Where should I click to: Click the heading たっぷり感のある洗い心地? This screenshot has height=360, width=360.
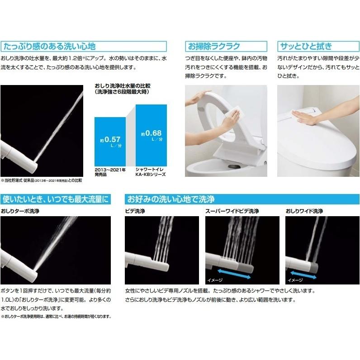pyautogui.click(x=49, y=46)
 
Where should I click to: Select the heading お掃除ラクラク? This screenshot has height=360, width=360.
pyautogui.click(x=214, y=46)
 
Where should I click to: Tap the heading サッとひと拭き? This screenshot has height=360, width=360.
pyautogui.click(x=306, y=46)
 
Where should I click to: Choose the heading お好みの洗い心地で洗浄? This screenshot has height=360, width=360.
pyautogui.click(x=171, y=199)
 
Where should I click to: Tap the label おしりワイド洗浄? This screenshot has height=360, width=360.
pyautogui.click(x=304, y=211)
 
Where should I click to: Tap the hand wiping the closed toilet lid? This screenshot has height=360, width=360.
pyautogui.click(x=308, y=118)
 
